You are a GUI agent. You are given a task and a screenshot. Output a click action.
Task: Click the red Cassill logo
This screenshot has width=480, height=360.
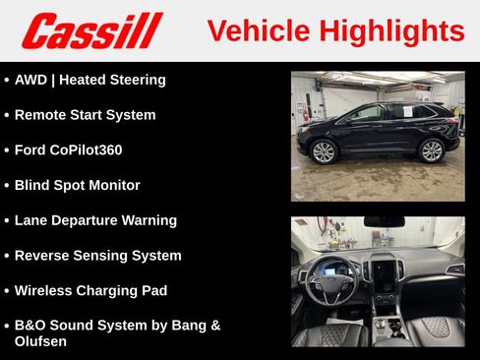tap(91, 30)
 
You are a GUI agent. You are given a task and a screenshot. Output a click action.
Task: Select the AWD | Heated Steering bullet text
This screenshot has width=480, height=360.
tap(90, 80)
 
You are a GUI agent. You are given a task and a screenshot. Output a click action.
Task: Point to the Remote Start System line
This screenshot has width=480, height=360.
tap(85, 115)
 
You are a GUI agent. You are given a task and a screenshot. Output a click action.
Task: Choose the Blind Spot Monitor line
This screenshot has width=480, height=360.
tap(77, 185)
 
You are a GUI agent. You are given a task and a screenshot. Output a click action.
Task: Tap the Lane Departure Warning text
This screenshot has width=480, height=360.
tap(95, 220)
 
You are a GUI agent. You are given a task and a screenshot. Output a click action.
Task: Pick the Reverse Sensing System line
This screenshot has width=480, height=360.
tap(97, 256)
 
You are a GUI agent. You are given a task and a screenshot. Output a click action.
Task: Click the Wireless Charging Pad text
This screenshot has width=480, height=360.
tap(90, 291)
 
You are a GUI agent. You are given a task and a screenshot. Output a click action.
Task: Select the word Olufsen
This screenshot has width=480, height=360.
tap(41, 340)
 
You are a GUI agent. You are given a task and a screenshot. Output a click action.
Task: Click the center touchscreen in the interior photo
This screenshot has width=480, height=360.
tap(384, 271)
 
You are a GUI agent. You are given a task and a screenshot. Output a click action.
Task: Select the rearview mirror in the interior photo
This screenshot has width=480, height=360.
tap(384, 222)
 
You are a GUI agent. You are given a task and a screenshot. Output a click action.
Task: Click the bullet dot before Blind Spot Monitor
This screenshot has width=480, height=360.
tap(7, 186)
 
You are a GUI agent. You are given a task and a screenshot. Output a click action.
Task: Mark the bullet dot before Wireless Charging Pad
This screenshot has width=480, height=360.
tap(7, 291)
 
